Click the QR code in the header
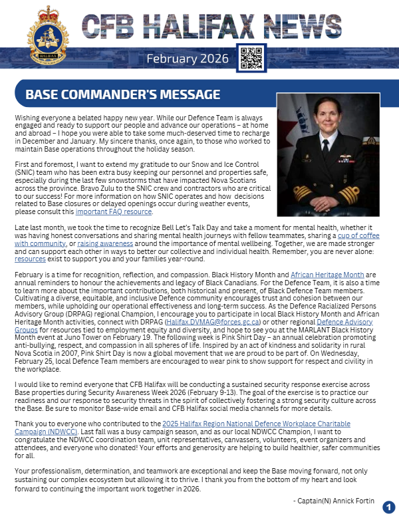click(251, 59)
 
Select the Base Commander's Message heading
click(122, 94)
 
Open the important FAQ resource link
click(114, 212)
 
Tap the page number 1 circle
click(388, 507)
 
